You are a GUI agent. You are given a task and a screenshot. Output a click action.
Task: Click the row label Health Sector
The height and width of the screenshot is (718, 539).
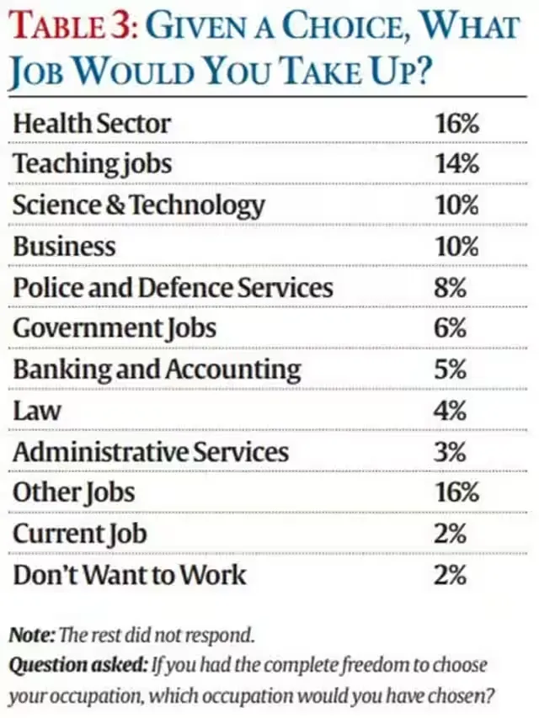click(x=91, y=124)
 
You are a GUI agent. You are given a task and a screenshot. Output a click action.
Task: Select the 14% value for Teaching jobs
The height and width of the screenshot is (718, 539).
click(x=456, y=164)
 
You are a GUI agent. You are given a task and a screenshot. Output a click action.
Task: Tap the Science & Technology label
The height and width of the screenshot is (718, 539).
click(x=138, y=205)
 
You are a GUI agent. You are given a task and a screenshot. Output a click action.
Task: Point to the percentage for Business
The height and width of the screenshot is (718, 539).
click(x=456, y=246)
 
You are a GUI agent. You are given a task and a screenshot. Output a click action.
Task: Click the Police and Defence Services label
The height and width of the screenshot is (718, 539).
click(x=173, y=287)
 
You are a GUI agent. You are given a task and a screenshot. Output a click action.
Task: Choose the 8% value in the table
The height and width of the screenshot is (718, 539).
click(x=451, y=287)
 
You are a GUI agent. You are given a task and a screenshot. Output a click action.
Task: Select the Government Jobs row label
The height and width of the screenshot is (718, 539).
click(x=115, y=328)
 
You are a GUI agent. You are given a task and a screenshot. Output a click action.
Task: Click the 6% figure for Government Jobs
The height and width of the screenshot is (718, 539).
click(x=451, y=328)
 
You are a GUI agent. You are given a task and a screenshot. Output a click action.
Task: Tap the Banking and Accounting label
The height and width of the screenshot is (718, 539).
click(x=156, y=370)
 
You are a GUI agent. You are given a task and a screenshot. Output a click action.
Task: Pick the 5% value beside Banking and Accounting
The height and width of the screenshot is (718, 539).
click(x=451, y=370)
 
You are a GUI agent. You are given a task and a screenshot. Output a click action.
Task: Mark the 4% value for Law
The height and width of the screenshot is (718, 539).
click(x=451, y=411)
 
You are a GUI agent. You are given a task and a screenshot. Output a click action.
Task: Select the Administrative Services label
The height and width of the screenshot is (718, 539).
click(x=150, y=452)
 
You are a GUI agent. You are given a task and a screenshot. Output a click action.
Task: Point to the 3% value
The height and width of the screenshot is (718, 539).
click(x=451, y=452)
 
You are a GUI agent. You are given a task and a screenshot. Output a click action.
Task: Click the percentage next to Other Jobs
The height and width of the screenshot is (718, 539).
click(x=456, y=492)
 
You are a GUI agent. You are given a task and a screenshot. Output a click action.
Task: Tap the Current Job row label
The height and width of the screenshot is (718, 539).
click(x=79, y=534)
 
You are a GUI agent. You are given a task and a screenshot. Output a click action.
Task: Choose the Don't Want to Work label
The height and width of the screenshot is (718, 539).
click(x=129, y=575)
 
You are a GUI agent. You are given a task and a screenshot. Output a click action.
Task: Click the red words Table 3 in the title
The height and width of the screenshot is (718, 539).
click(x=69, y=28)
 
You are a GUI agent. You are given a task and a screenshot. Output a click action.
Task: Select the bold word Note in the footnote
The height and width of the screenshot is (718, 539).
click(x=30, y=633)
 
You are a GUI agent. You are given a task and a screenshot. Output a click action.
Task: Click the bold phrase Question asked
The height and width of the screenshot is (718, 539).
click(x=77, y=665)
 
